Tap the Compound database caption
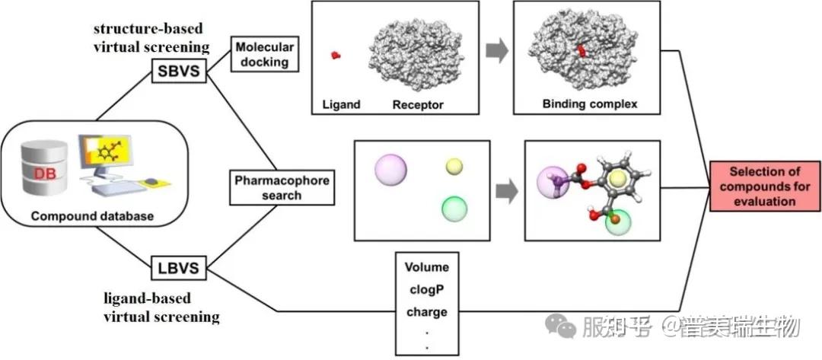[x=92, y=217]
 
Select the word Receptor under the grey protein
[x=418, y=103]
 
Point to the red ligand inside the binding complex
[x=583, y=50]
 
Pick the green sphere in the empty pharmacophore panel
[x=454, y=207]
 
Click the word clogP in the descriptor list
[x=426, y=289]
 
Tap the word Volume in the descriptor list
[x=426, y=267]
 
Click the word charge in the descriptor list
[x=426, y=311]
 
